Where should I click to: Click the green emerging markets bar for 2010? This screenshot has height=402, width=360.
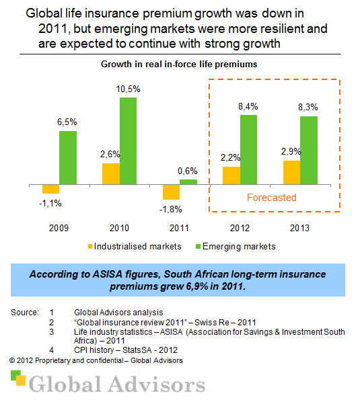[128, 140]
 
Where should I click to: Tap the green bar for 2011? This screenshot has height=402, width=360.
[188, 182]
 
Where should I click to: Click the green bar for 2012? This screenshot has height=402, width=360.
[248, 149]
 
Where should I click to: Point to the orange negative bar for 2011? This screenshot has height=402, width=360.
[170, 192]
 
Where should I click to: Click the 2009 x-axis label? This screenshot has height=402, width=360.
[59, 229]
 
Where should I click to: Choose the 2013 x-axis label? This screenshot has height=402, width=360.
[300, 229]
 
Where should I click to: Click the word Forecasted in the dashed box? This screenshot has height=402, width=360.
[271, 198]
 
